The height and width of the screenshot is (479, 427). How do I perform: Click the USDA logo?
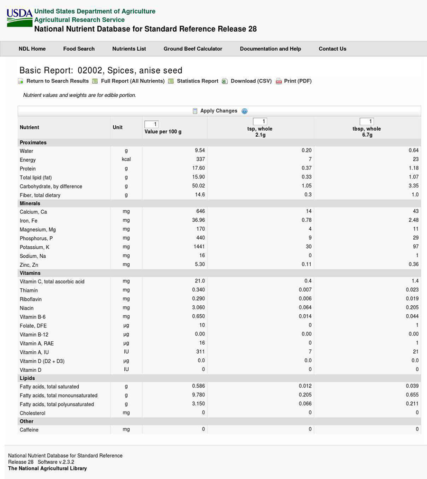19,18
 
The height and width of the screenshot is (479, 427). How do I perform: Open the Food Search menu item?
79,49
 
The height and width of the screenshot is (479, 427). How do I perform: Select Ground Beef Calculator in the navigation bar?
193,49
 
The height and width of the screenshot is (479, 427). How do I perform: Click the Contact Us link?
332,49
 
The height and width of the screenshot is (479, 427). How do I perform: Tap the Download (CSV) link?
251,81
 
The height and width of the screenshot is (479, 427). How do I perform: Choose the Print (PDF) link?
297,81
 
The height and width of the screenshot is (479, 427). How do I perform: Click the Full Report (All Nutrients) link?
132,81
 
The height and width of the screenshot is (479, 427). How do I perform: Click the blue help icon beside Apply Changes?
244,111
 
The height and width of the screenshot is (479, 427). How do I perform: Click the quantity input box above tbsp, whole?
367,122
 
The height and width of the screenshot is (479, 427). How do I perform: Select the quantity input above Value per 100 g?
151,124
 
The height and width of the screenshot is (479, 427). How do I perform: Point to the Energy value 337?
201,160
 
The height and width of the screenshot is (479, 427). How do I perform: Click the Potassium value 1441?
199,247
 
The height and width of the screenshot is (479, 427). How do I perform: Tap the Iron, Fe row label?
28,221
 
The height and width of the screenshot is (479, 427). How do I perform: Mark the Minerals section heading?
30,204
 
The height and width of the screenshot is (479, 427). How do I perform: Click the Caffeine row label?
29,430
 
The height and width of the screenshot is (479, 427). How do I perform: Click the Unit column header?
118,127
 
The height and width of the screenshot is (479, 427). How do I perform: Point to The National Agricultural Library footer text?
47,469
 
